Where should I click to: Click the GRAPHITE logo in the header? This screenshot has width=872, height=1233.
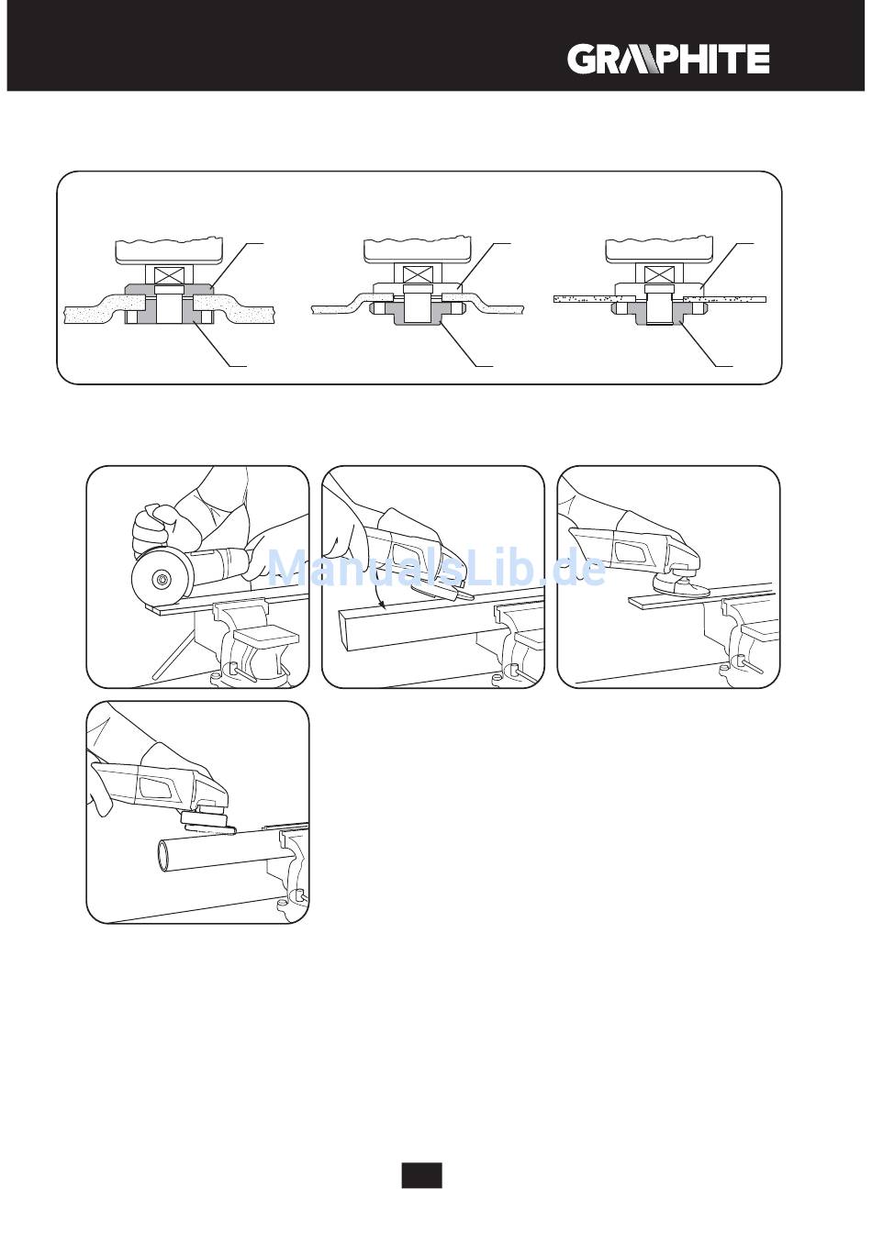coord(668,59)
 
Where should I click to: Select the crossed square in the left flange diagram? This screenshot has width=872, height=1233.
coord(169,274)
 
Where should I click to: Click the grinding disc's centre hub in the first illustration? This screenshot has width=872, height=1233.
coord(162,579)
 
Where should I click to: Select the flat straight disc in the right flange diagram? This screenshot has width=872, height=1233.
coord(659,299)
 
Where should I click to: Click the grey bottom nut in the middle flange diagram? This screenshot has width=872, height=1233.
coord(418,315)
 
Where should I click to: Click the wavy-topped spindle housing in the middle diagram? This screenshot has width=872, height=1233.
coord(418,251)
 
